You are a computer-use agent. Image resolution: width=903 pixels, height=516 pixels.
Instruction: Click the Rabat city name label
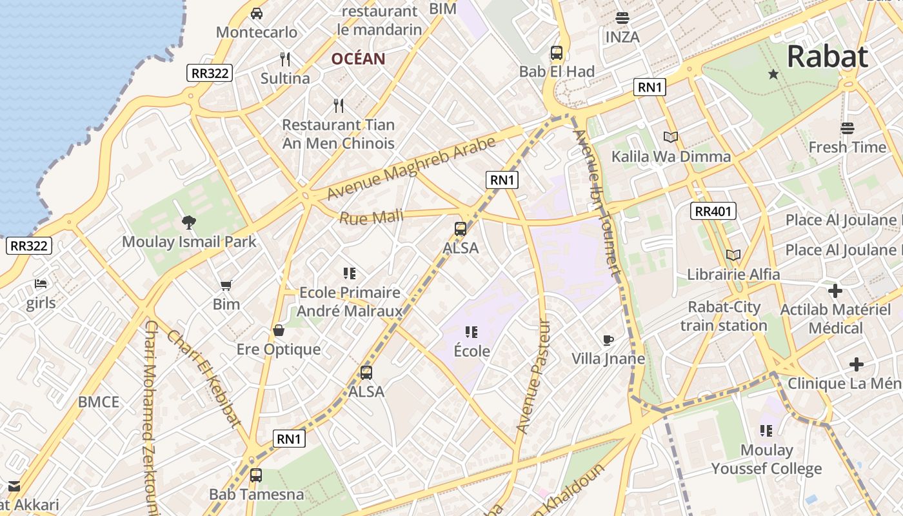coord(828,57)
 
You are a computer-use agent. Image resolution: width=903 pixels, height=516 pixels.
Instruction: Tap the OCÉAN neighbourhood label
coord(358,59)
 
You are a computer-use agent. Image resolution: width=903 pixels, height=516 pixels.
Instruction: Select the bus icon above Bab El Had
coord(557,53)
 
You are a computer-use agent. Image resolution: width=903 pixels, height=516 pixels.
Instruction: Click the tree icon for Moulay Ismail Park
coord(189,223)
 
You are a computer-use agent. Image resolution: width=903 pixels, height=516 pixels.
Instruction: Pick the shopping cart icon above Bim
coord(226,285)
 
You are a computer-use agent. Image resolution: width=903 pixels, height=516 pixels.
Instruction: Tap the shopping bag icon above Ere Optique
coord(279,331)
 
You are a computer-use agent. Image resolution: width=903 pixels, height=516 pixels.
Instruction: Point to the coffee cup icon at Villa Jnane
coord(608,340)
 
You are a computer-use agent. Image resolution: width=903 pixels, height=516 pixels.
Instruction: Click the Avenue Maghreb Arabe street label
coord(412,167)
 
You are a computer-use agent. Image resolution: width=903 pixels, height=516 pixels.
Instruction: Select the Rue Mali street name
coord(371,218)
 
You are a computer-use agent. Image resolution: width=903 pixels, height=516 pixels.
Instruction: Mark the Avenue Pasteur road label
coord(533,376)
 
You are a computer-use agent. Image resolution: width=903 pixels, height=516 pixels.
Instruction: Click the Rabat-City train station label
coord(724,316)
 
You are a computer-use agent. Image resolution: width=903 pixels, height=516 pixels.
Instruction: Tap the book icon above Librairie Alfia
coord(733,255)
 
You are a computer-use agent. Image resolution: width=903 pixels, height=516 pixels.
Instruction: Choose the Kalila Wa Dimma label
coord(671,156)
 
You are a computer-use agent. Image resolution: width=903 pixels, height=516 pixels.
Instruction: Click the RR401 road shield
coord(713,211)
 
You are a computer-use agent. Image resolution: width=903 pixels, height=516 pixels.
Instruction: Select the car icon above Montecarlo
coord(257,14)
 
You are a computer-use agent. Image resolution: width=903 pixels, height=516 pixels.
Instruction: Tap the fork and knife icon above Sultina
coord(285,59)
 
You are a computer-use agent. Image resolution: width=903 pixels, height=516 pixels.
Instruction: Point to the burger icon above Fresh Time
coord(847,128)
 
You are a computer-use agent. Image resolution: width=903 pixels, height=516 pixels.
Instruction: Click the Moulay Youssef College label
coord(766,459)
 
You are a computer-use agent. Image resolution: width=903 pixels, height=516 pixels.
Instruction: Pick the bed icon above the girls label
coord(41,284)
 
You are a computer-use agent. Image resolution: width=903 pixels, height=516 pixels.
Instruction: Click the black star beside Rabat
coord(773,75)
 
